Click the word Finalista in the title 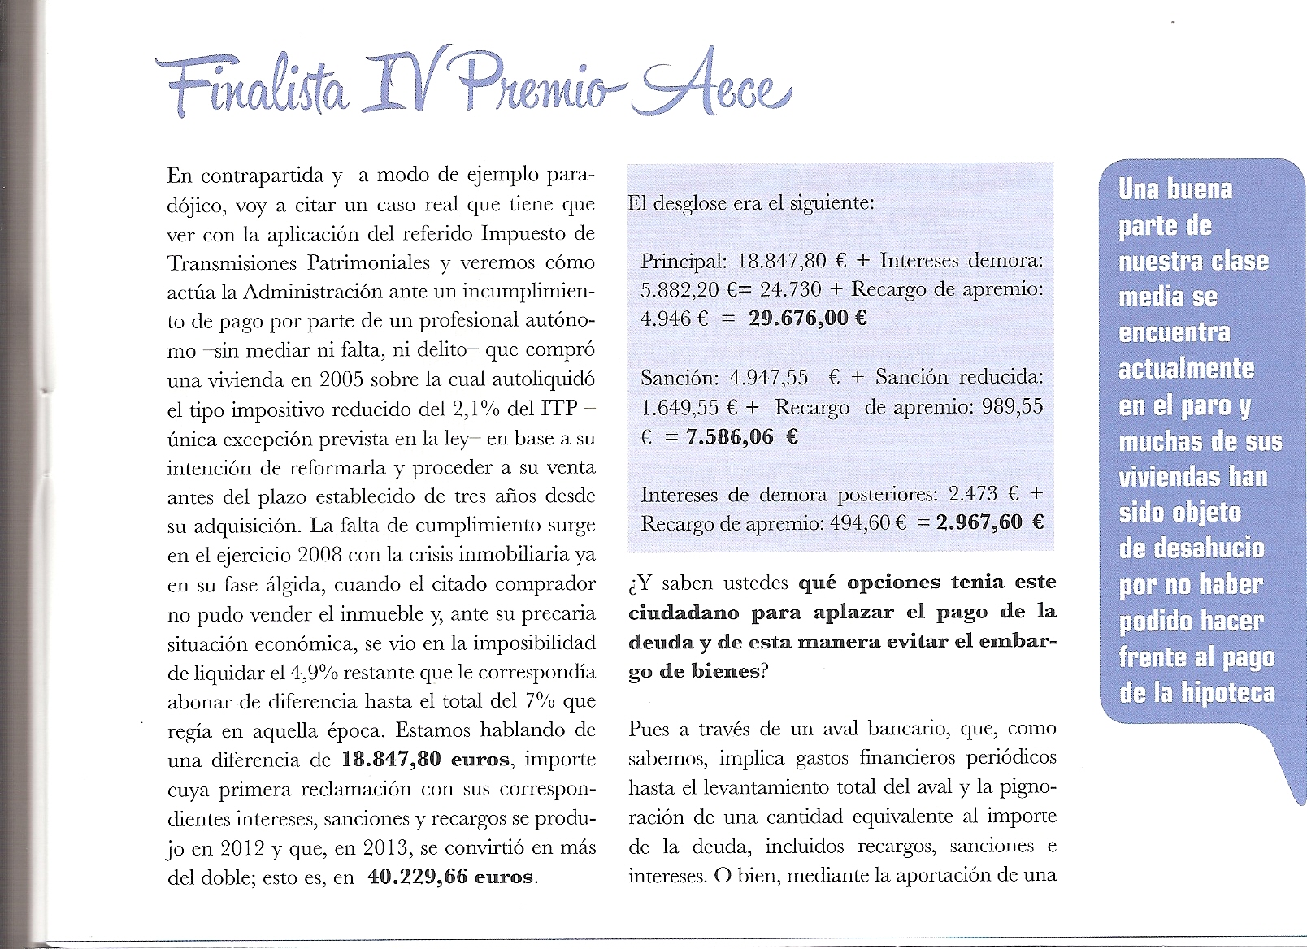click(x=252, y=89)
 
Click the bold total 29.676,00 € click(x=807, y=318)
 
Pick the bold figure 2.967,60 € click(x=989, y=522)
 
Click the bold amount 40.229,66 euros click(x=451, y=877)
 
